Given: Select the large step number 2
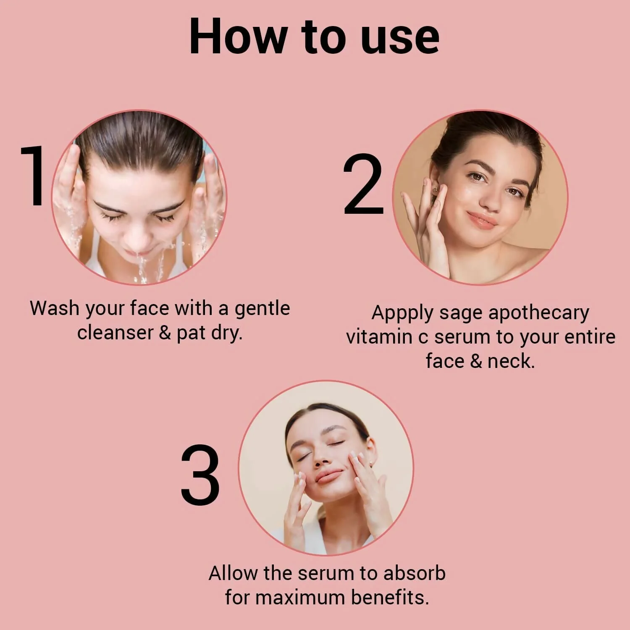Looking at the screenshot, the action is coord(363,185).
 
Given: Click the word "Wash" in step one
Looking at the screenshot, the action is coord(55,308).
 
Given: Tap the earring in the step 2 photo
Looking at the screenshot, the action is coord(436,189).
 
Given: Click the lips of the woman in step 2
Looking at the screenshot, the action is coord(481,220).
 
